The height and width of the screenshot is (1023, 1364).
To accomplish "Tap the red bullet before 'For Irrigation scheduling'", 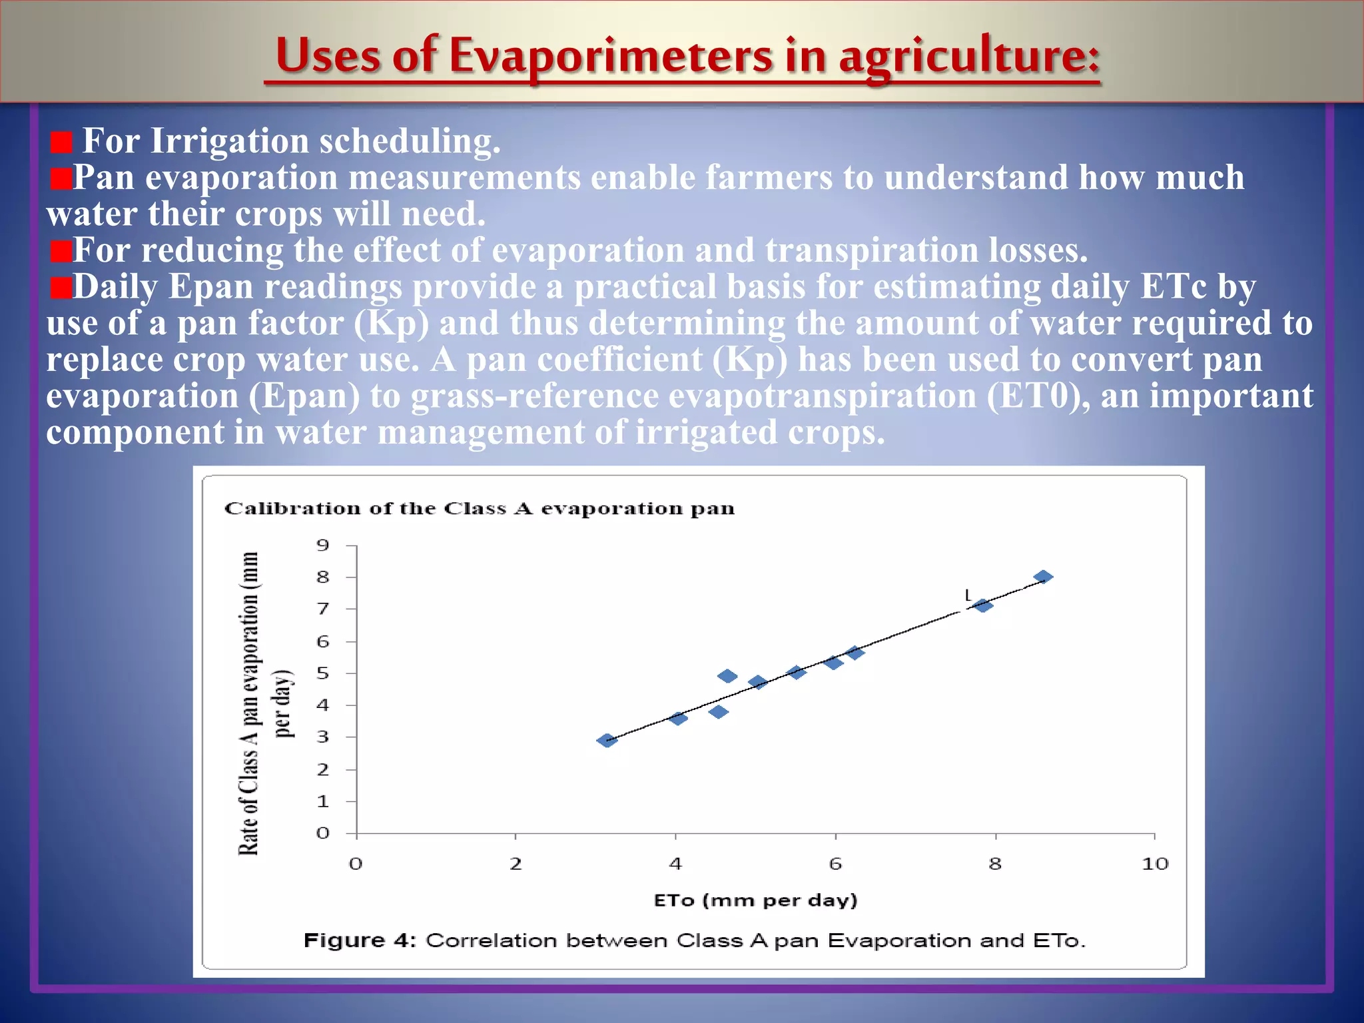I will (61, 142).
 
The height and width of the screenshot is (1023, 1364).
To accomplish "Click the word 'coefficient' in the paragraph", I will (619, 360).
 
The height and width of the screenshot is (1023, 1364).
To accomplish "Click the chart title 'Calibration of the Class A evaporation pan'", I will (479, 509).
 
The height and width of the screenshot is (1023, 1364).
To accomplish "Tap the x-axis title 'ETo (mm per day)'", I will (755, 900).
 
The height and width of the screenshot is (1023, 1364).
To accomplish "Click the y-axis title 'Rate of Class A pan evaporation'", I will (249, 703).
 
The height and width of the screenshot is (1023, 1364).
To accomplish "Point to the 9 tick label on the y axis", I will (323, 545).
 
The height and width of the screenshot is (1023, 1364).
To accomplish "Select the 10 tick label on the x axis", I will (1154, 864).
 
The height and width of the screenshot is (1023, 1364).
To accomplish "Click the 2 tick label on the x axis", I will (515, 864).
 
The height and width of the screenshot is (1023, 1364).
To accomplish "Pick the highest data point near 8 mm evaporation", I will (1043, 577).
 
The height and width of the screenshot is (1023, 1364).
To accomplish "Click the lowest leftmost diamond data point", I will (607, 740).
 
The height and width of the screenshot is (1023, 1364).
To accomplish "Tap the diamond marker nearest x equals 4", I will (677, 718).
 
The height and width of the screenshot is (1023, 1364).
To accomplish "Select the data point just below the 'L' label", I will (982, 605).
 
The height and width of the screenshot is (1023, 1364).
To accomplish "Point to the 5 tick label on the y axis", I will (323, 673).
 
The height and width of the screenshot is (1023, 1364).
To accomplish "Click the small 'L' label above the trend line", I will (968, 595).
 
